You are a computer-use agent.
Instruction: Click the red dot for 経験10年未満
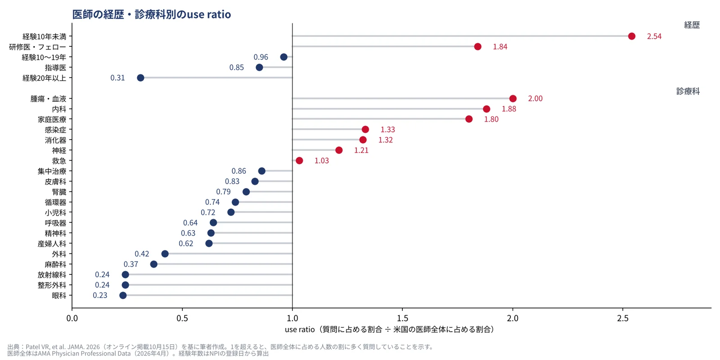632,36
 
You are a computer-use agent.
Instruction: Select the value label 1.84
500,47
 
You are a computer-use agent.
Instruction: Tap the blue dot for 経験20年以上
140,78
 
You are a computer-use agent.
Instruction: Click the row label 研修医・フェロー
38,47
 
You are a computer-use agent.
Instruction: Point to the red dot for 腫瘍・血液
513,99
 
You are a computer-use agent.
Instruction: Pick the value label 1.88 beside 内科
509,109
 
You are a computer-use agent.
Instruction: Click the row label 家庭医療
52,120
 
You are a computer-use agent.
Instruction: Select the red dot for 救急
299,161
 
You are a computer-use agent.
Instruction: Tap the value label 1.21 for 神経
361,150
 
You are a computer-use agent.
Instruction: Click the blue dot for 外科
165,254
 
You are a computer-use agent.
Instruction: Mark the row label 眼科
59,296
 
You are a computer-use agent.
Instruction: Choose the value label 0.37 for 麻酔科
131,264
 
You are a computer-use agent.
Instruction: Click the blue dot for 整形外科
126,285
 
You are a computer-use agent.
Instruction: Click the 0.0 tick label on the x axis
72,318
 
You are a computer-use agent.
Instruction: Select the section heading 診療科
688,91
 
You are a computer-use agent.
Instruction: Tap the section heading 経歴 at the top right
692,25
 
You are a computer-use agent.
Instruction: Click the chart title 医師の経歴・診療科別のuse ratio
151,14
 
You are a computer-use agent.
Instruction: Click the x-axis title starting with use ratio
389,329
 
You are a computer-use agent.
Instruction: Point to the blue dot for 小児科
231,212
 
